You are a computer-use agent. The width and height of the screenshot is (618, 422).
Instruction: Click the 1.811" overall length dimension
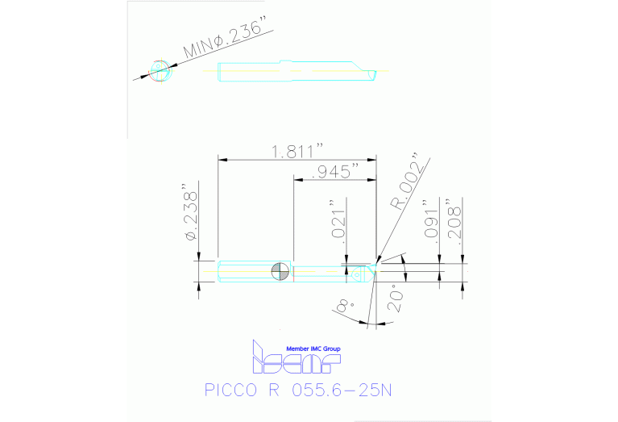tap(297, 151)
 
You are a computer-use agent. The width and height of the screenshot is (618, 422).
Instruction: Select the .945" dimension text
tap(334, 171)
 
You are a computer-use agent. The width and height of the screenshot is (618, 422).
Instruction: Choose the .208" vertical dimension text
tap(456, 217)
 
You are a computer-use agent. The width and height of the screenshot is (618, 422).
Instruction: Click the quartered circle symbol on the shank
tap(281, 272)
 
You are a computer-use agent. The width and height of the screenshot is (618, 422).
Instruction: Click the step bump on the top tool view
tap(284, 64)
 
